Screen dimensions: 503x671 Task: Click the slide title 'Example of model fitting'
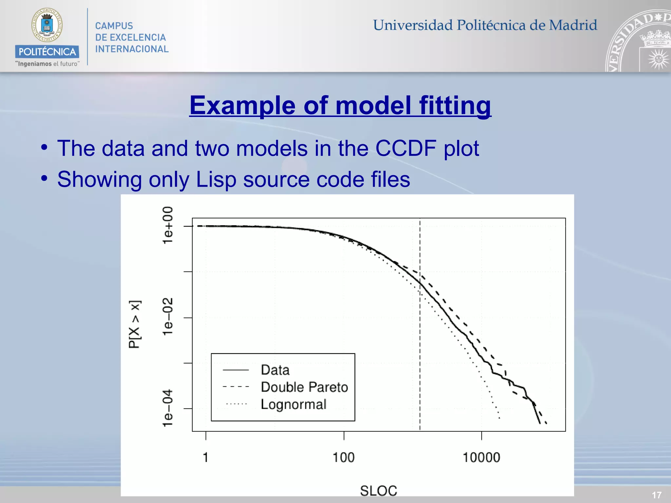point(340,105)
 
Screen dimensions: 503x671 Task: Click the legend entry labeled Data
point(275,370)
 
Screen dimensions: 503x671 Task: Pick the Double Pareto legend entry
point(304,387)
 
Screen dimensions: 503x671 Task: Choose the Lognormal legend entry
point(294,404)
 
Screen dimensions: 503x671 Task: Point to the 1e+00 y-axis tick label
point(168,225)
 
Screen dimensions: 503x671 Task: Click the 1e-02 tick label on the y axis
point(168,317)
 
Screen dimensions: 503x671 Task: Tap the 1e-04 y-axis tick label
point(168,408)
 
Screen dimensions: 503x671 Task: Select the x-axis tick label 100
point(344,457)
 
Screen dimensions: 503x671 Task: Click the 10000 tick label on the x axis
point(481,457)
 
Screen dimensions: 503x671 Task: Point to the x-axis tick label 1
point(206,457)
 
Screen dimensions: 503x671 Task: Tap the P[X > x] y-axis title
point(135,324)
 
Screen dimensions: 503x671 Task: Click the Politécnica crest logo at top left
point(47,26)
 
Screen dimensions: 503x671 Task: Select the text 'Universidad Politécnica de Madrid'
point(485,25)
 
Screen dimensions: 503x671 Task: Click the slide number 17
point(657,495)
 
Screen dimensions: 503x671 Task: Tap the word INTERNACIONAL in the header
point(132,49)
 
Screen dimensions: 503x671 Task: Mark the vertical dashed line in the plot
point(420,327)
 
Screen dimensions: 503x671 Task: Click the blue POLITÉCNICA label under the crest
point(47,52)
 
